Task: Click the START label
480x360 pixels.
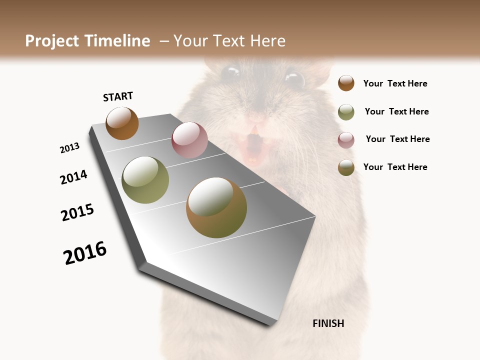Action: [118, 96]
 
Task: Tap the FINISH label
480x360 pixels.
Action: [328, 323]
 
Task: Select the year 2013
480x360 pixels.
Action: [69, 148]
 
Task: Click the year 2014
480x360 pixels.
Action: [73, 177]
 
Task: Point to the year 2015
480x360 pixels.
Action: [77, 212]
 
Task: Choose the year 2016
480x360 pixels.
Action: [85, 253]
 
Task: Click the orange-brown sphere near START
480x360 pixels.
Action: [122, 123]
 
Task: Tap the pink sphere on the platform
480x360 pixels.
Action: [189, 140]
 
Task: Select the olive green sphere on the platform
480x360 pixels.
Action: [145, 180]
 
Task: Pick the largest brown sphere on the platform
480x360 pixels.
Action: [216, 207]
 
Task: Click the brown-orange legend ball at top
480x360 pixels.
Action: [346, 83]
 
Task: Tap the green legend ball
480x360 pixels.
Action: [346, 112]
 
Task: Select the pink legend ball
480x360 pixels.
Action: [346, 140]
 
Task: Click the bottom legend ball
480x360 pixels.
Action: [346, 167]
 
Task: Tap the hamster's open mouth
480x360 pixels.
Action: [253, 148]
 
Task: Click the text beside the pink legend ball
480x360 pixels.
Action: [397, 139]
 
